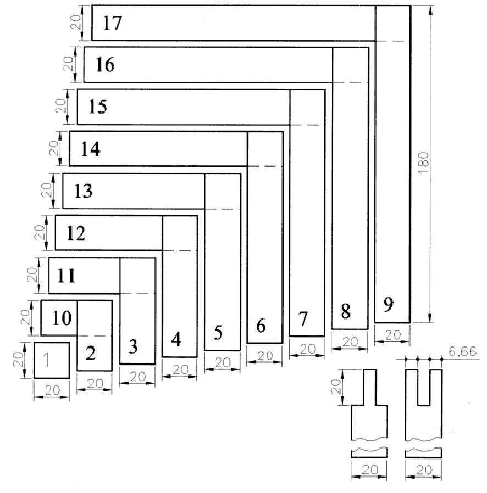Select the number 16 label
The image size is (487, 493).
click(104, 65)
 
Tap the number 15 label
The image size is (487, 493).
click(97, 107)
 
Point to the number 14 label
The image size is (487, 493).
click(90, 149)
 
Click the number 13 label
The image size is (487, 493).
click(83, 192)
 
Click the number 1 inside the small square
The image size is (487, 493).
click(47, 360)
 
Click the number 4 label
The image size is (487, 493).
click(176, 340)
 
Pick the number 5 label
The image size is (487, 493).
click(218, 333)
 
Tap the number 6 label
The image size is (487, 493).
click(261, 326)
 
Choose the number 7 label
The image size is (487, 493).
click(303, 318)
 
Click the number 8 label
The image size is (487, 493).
click(345, 312)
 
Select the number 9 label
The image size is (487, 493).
click(388, 305)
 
